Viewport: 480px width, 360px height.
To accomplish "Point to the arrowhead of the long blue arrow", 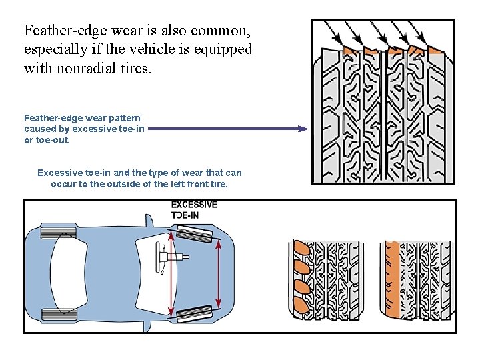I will tap(305, 129).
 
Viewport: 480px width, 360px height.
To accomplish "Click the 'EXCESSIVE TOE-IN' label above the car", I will tap(194, 209).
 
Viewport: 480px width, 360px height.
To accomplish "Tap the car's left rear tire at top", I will tap(59, 233).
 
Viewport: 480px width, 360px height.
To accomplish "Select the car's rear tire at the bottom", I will tap(59, 313).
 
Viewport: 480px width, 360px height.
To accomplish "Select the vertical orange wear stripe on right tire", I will tap(393, 280).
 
